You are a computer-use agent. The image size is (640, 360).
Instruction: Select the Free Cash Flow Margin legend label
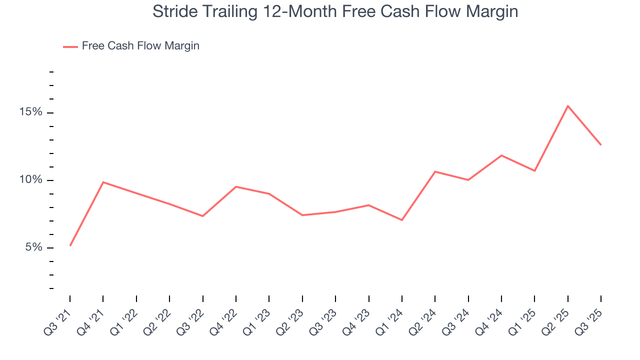140,46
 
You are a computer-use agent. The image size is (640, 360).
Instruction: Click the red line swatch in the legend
70,46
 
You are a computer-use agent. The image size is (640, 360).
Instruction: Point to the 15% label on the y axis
30,112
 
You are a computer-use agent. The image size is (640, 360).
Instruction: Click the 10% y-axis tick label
30,180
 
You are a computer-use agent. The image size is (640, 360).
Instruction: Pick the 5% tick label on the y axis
33,247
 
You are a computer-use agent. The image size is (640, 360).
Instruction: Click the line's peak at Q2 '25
568,106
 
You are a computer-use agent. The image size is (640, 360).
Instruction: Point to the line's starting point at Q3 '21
70,245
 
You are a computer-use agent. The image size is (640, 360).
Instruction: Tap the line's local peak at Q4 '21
103,182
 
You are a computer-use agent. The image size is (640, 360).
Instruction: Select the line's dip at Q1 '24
402,220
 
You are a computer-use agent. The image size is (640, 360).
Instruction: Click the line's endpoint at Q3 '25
600,145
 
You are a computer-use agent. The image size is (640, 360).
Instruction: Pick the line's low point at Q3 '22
202,216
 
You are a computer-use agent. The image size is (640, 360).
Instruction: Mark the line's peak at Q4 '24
501,155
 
